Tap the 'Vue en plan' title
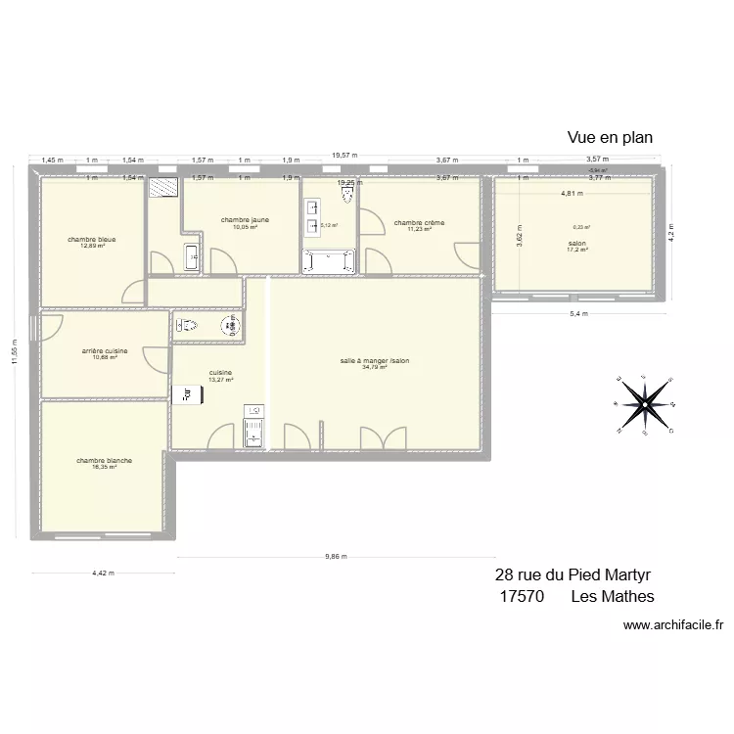click(x=610, y=138)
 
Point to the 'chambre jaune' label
click(x=244, y=220)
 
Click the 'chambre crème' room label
click(x=419, y=223)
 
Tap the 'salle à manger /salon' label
click(x=375, y=360)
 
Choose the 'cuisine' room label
click(x=220, y=372)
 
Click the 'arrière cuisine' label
click(x=104, y=350)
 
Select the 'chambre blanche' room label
click(x=105, y=460)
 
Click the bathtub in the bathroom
click(x=330, y=260)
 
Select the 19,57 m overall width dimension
click(x=344, y=155)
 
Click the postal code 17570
click(x=522, y=596)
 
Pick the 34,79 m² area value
click(x=375, y=367)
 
